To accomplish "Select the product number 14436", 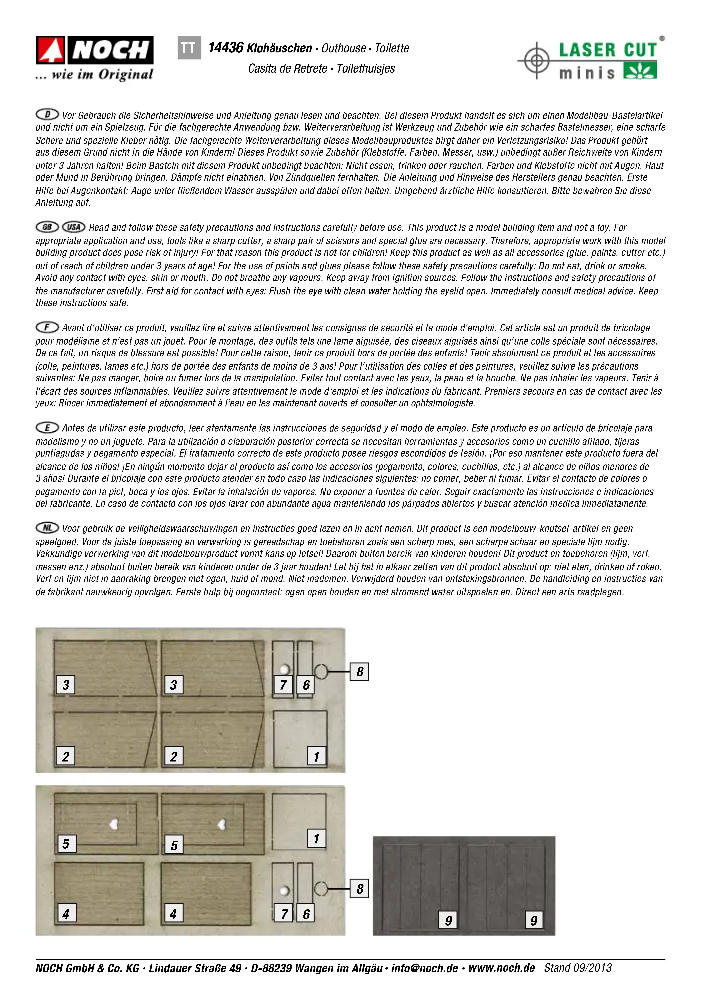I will point(226,48).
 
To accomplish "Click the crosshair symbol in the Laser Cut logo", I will point(536,60).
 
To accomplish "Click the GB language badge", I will point(47,227).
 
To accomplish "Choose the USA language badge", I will point(74,227).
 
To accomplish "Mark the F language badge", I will point(47,327).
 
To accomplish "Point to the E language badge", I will point(47,428).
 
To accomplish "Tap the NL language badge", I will point(47,528).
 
